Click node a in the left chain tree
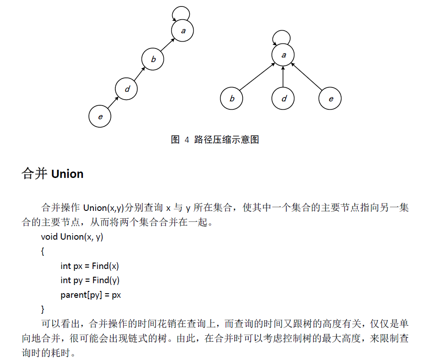click(x=182, y=30)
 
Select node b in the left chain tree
click(x=152, y=59)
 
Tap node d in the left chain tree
click(x=126, y=89)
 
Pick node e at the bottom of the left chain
click(x=100, y=116)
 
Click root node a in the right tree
click(x=283, y=55)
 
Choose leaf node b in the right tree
click(x=231, y=98)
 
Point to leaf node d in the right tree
click(x=283, y=98)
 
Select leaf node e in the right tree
click(x=330, y=98)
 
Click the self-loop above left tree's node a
click(x=181, y=7)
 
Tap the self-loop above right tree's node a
click(x=282, y=31)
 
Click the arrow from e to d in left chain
click(x=113, y=102)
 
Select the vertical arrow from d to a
click(x=283, y=76)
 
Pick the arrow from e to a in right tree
click(x=307, y=76)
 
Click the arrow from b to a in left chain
click(x=168, y=45)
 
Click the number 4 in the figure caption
click(x=187, y=140)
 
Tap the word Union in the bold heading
click(x=67, y=174)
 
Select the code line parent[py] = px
click(x=91, y=295)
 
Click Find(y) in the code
click(x=106, y=280)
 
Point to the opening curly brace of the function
click(x=43, y=251)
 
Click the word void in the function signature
click(x=49, y=236)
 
